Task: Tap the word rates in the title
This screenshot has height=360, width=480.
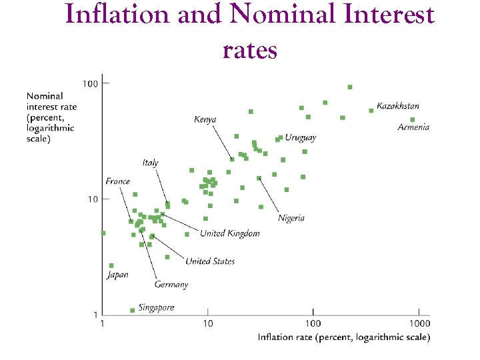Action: click(250, 49)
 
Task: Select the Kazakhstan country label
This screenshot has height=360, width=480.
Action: click(398, 106)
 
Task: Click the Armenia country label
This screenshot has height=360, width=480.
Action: click(413, 127)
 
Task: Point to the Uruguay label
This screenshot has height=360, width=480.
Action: click(301, 137)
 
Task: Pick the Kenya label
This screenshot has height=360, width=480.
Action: click(205, 119)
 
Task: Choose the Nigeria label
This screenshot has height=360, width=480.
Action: click(291, 218)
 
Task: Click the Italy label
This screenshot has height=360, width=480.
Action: click(150, 163)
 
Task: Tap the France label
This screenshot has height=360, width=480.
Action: click(117, 181)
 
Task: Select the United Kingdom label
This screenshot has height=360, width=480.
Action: click(230, 233)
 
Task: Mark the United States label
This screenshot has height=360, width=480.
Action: click(210, 261)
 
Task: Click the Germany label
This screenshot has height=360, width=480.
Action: click(171, 285)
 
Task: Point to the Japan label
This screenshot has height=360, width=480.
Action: click(117, 275)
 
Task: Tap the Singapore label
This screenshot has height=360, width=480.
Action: click(157, 307)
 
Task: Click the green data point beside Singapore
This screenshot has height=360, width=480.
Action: click(132, 310)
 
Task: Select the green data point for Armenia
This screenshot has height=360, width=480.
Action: click(412, 120)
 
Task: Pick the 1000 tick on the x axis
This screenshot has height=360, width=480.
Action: click(419, 323)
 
